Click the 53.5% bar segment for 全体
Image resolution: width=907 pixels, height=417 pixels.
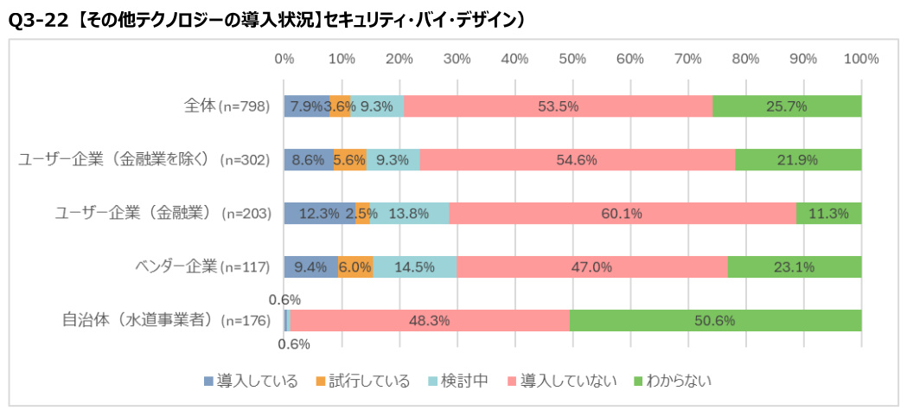pyautogui.click(x=558, y=106)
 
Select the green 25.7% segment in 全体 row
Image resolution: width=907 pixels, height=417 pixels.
pyautogui.click(x=787, y=106)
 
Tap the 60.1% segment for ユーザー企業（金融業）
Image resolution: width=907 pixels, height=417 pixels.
pyautogui.click(x=623, y=214)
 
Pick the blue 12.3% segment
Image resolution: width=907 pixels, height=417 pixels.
pyautogui.click(x=320, y=214)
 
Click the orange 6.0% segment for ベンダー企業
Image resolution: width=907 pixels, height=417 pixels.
pyautogui.click(x=355, y=267)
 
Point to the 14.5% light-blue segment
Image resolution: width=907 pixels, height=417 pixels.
pyautogui.click(x=414, y=267)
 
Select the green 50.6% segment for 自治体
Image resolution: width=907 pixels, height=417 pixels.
pyautogui.click(x=715, y=320)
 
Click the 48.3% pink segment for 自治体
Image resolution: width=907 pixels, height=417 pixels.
pyautogui.click(x=430, y=320)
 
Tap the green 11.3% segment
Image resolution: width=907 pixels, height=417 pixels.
pyautogui.click(x=829, y=214)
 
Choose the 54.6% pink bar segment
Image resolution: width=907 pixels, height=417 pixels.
pyautogui.click(x=578, y=160)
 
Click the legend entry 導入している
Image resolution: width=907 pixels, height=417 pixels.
pyautogui.click(x=251, y=381)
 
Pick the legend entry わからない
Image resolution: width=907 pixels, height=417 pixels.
pyautogui.click(x=672, y=381)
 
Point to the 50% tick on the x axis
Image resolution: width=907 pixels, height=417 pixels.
pyautogui.click(x=572, y=59)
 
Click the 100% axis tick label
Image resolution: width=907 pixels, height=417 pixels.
pyautogui.click(x=860, y=59)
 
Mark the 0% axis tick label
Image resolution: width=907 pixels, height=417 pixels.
pyautogui.click(x=284, y=59)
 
